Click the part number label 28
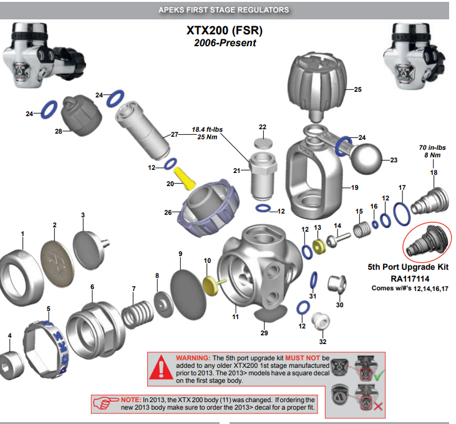[59, 132]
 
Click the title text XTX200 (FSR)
[224, 30]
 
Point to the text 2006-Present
[225, 43]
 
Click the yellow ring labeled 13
[320, 245]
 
